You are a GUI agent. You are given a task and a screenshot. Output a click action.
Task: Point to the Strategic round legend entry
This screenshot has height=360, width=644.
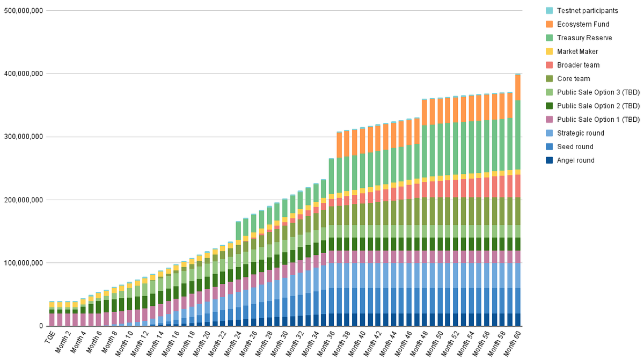(580, 133)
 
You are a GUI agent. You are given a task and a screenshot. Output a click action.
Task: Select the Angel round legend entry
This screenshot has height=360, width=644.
(575, 160)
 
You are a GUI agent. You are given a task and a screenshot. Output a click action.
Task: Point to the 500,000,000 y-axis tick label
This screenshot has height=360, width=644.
(23, 11)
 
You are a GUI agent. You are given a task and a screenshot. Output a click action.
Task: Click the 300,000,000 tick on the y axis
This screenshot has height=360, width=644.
(23, 137)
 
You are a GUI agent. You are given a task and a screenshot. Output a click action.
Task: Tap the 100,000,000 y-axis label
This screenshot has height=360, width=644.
(23, 263)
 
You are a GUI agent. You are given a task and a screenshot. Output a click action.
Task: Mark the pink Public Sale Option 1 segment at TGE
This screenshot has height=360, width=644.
(52, 320)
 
